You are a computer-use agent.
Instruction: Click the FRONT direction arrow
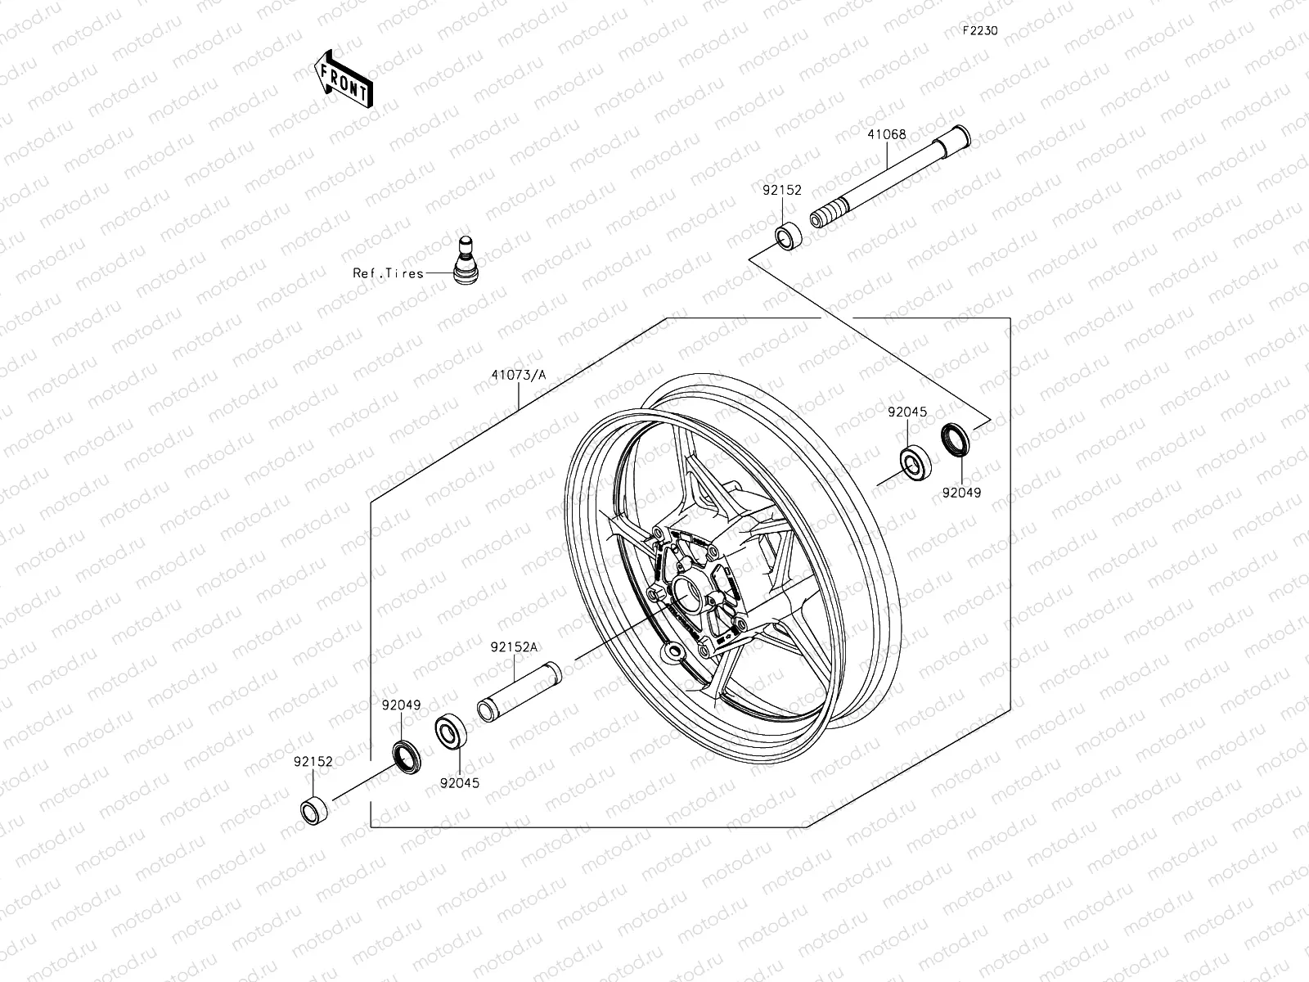click(343, 79)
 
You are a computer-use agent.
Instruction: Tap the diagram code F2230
click(979, 31)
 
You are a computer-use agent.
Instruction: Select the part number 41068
click(887, 134)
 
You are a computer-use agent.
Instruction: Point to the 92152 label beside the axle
click(782, 190)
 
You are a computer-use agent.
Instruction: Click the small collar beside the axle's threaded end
click(789, 236)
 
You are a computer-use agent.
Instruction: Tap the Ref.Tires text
click(388, 273)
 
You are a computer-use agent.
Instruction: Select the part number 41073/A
click(519, 376)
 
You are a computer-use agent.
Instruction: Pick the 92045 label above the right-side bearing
click(907, 412)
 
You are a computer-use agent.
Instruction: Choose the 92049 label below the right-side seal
click(960, 493)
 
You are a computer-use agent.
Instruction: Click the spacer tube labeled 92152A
click(520, 692)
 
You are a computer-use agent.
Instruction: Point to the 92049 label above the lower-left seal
click(402, 704)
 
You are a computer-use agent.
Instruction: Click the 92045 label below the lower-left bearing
click(459, 782)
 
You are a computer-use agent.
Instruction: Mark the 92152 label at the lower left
click(313, 761)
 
